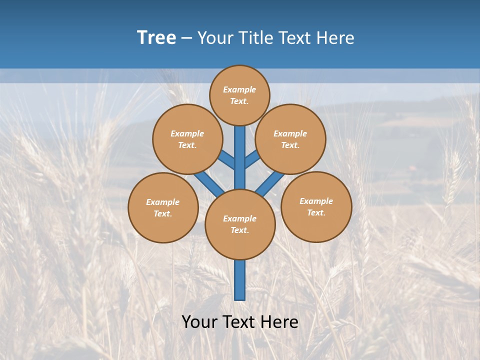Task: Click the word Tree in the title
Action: tap(156, 38)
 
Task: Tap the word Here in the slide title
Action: tap(336, 38)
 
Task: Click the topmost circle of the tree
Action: tap(239, 95)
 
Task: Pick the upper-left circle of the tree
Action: tap(187, 139)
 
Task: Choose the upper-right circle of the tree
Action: tap(290, 139)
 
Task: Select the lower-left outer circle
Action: tap(163, 207)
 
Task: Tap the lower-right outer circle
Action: tap(316, 206)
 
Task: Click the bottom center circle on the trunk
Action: tap(240, 224)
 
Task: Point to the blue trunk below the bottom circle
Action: tap(240, 280)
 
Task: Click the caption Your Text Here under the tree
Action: tap(240, 321)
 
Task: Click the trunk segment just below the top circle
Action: tap(240, 145)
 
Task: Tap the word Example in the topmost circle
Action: tap(239, 89)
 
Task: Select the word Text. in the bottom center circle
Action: tap(239, 230)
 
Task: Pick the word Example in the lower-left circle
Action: tap(163, 202)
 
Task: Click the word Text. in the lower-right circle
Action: tap(316, 212)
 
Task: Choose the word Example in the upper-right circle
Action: tap(290, 133)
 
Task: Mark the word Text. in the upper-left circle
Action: tap(187, 145)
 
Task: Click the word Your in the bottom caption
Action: tap(199, 321)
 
